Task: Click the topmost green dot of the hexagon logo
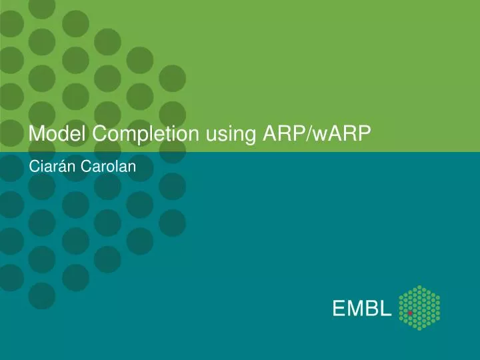click(419, 287)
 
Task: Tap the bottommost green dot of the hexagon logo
click(419, 329)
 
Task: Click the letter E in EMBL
click(340, 309)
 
